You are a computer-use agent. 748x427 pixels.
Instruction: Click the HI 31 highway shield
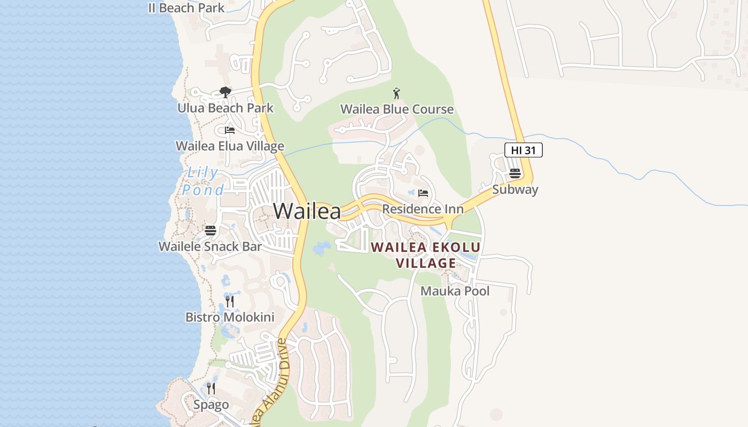click(x=523, y=151)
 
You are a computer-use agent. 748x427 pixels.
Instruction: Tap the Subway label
click(x=515, y=189)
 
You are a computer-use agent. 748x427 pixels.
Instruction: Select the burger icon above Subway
click(x=515, y=173)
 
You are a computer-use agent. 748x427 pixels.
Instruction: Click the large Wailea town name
click(x=307, y=211)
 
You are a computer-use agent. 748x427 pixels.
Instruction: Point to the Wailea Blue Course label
click(x=397, y=109)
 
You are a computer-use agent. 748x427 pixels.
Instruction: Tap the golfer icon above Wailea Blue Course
click(x=396, y=94)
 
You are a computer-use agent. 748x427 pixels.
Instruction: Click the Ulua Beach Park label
click(x=225, y=108)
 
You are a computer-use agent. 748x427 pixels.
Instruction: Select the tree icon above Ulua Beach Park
click(x=225, y=92)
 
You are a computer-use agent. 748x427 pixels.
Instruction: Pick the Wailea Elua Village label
click(x=230, y=146)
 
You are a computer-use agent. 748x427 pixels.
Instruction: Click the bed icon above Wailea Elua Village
click(x=230, y=130)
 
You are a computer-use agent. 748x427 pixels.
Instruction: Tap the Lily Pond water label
click(x=203, y=181)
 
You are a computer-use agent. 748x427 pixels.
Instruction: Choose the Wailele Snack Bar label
click(x=210, y=247)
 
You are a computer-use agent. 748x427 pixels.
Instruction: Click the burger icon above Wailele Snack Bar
click(x=211, y=231)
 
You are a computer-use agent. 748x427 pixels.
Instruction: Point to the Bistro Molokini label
click(x=230, y=318)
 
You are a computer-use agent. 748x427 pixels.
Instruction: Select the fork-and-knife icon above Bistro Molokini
click(x=230, y=302)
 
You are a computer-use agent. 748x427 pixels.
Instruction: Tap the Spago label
click(x=211, y=405)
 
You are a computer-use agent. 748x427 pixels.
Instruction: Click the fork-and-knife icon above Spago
click(x=211, y=389)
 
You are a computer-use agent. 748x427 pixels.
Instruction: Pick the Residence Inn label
click(x=423, y=209)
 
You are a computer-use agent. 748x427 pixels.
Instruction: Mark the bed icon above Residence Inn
click(x=423, y=193)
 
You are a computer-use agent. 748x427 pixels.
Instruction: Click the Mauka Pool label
click(x=455, y=291)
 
